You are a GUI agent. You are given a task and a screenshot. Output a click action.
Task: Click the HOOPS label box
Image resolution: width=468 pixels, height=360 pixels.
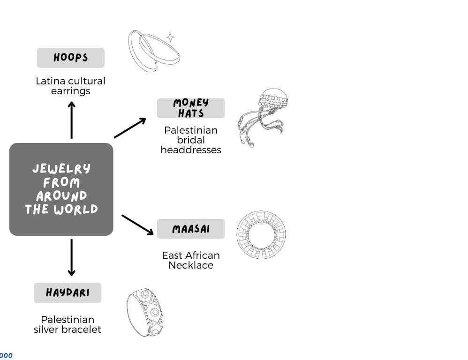tap(70, 58)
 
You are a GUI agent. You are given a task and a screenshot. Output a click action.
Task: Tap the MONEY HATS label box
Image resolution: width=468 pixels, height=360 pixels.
tap(191, 108)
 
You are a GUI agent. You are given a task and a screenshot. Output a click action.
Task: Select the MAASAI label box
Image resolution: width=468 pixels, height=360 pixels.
tap(191, 229)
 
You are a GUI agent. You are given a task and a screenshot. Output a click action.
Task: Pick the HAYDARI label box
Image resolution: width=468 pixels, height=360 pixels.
tap(68, 293)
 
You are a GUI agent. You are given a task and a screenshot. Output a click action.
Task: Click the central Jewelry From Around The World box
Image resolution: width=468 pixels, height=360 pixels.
tap(61, 189)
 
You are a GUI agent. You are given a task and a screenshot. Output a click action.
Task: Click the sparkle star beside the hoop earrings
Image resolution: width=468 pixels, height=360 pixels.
tap(171, 37)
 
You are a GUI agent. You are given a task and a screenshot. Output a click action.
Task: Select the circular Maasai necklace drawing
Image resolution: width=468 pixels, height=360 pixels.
tap(261, 234)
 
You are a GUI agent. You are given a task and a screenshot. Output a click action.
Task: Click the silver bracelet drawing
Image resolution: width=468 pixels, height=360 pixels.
tap(145, 313)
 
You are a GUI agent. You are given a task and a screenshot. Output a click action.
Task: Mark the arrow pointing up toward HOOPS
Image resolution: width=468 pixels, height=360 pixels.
tap(71, 120)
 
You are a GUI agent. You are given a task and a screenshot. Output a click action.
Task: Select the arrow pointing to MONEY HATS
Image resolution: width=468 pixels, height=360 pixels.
tap(130, 128)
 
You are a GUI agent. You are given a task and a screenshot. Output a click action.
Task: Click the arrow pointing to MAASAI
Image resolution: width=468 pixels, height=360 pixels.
tap(137, 225)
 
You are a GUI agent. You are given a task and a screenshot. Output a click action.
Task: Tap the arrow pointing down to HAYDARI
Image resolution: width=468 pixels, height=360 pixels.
tap(71, 257)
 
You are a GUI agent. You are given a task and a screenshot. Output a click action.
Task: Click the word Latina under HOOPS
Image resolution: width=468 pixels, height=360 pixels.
tap(50, 81)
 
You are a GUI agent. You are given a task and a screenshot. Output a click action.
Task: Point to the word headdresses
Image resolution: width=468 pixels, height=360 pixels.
tap(191, 150)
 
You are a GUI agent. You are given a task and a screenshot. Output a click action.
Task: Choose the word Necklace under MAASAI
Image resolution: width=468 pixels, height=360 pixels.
tap(191, 265)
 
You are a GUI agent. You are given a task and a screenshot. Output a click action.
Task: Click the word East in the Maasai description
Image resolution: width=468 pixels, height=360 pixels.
tap(172, 255)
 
